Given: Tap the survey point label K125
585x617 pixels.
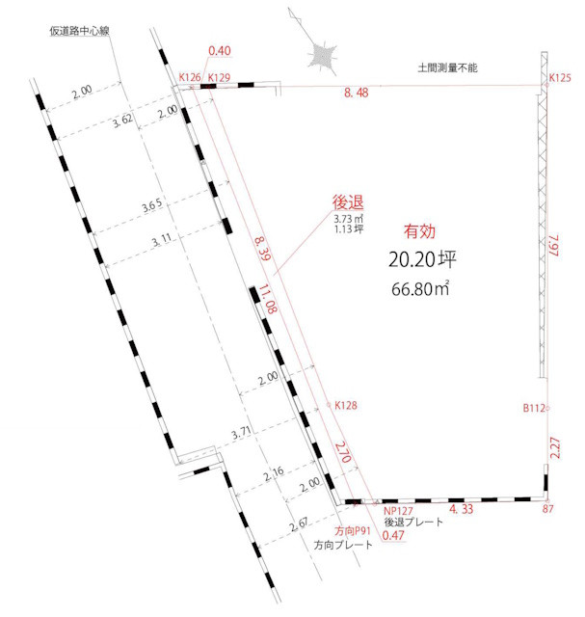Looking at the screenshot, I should (561, 77).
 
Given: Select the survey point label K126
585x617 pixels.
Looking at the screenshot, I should (189, 77).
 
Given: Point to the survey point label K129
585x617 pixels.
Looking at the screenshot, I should (219, 77).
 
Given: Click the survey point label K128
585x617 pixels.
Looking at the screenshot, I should (346, 406).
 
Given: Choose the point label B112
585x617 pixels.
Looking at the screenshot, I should (535, 408).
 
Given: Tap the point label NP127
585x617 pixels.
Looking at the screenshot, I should (397, 511).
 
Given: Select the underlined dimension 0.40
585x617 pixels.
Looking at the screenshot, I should (220, 51).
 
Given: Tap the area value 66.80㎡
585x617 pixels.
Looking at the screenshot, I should (418, 287).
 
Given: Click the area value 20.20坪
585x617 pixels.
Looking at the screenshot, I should (417, 259).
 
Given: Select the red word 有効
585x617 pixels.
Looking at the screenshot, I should (418, 230).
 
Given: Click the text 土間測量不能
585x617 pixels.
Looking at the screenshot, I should (447, 68).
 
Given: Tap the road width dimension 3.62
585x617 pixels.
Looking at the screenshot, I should (122, 121).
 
